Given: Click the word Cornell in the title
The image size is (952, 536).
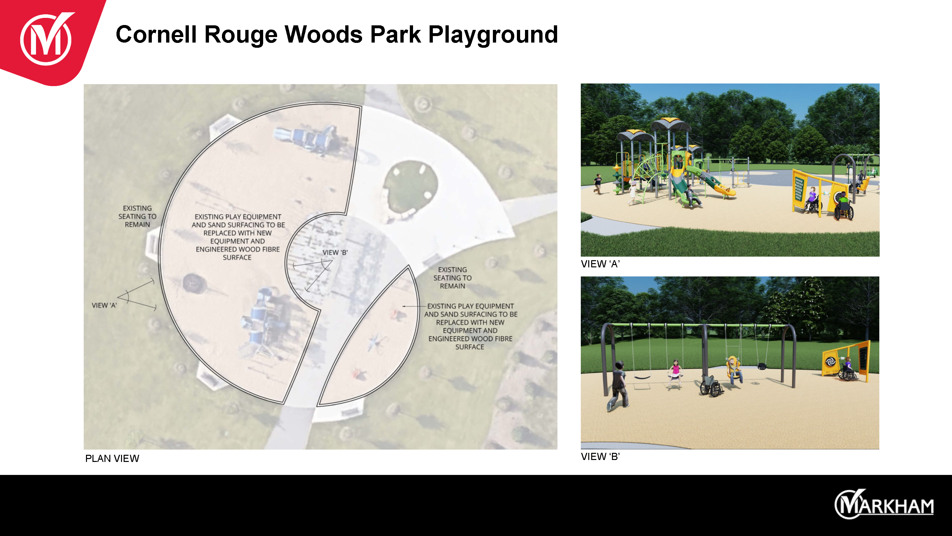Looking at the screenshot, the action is [156, 34].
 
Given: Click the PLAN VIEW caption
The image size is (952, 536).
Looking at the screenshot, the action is [112, 458].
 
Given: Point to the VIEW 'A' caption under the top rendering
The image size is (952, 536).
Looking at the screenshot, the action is [600, 264].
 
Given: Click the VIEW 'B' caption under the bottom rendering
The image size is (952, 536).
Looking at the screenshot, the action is [600, 456].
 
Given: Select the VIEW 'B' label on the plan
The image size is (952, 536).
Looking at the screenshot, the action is [335, 252].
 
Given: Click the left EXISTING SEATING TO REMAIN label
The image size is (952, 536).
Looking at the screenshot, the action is [138, 216].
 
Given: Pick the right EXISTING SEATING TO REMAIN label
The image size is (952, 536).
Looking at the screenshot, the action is [453, 278].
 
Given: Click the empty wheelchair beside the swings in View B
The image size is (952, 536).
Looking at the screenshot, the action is [711, 386].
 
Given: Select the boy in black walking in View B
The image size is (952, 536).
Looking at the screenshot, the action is [618, 386].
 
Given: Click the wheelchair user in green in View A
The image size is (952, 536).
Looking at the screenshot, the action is [844, 206].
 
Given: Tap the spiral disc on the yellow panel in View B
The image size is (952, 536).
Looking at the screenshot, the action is [830, 361].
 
